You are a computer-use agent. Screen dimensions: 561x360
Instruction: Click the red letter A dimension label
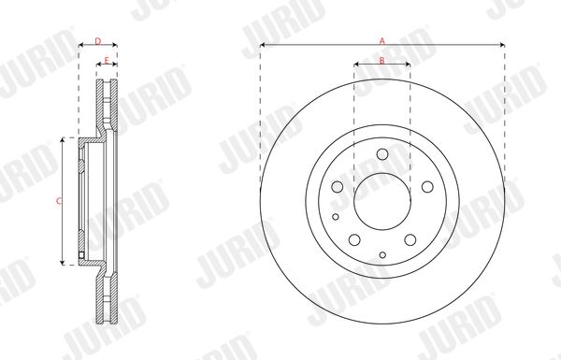click(x=382, y=41)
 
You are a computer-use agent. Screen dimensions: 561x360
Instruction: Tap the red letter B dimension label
click(x=382, y=61)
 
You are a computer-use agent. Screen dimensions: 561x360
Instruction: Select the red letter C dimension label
click(x=59, y=201)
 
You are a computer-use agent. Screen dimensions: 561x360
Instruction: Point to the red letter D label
click(x=98, y=41)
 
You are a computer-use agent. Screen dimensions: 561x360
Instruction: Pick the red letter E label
click(x=107, y=61)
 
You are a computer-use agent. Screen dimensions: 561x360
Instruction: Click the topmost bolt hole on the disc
click(x=382, y=154)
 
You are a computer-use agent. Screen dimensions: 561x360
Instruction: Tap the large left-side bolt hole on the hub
click(x=337, y=186)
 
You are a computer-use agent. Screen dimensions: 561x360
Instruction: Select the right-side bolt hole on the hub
click(x=427, y=186)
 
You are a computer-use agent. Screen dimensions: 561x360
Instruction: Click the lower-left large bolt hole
click(x=354, y=239)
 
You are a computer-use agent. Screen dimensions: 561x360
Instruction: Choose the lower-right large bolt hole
click(x=410, y=239)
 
